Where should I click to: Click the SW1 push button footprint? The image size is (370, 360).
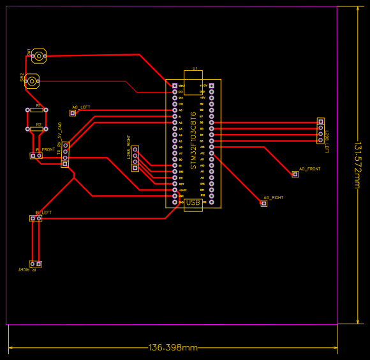tap(40, 56)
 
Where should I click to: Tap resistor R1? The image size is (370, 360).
tap(38, 110)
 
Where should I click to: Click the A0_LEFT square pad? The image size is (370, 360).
tap(72, 113)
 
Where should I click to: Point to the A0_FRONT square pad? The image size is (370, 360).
tap(295, 174)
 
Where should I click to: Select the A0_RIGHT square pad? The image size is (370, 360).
tap(263, 203)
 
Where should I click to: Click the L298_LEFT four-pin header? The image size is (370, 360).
tap(320, 131)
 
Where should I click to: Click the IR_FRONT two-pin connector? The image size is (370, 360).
tap(36, 156)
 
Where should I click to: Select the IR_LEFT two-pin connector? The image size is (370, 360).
tap(36, 218)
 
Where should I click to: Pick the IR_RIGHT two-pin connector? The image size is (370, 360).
tap(35, 264)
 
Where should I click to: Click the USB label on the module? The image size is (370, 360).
tap(193, 202)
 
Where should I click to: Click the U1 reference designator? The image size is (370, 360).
tap(195, 68)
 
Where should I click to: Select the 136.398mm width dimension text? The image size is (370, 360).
tap(173, 348)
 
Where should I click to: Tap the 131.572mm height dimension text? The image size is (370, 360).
tap(359, 165)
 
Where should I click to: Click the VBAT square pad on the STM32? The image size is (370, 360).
tap(175, 86)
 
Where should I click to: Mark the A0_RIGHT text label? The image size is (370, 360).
tap(273, 197)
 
